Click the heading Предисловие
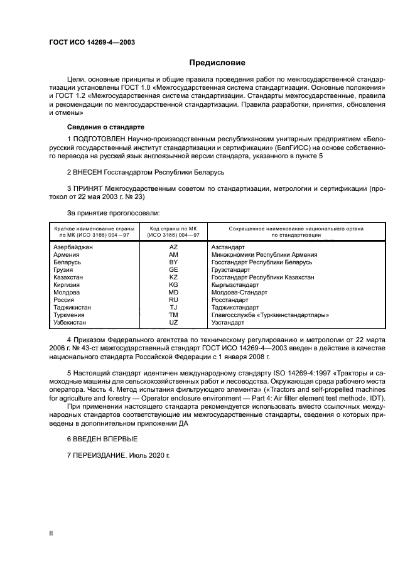pyautogui.click(x=218, y=63)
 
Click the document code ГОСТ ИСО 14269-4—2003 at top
pyautogui.click(x=92, y=43)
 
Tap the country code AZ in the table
pyautogui.click(x=174, y=247)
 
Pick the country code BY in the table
pyautogui.click(x=174, y=262)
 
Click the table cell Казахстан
pyautogui.click(x=69, y=277)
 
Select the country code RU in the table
pyautogui.click(x=174, y=299)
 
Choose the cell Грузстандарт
pyautogui.click(x=232, y=269)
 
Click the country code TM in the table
pyautogui.click(x=174, y=315)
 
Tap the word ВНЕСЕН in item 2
pyautogui.click(x=90, y=171)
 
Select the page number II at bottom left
pyautogui.click(x=51, y=533)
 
